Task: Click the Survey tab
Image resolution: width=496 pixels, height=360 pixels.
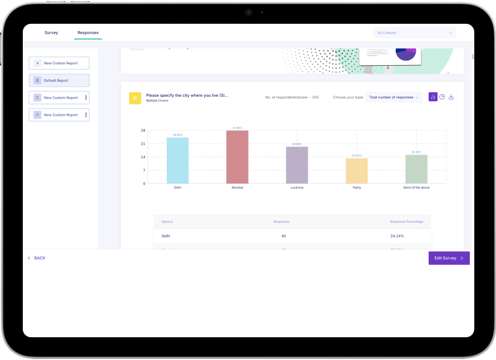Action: tap(51, 33)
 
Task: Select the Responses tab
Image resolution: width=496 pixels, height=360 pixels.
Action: tap(88, 33)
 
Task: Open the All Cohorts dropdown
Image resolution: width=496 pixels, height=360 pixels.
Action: tap(415, 33)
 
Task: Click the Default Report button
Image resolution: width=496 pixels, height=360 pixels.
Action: tap(59, 81)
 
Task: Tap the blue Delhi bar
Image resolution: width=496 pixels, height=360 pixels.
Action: tap(178, 160)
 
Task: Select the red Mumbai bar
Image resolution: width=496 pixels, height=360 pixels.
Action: tap(237, 157)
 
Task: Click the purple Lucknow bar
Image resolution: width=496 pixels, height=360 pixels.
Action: tap(297, 165)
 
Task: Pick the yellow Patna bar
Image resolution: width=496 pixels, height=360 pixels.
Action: tap(357, 171)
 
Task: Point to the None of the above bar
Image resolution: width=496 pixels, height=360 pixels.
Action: tap(416, 169)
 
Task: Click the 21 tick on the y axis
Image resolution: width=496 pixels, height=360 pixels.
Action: tap(143, 144)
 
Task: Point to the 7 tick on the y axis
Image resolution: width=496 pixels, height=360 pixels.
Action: tap(144, 170)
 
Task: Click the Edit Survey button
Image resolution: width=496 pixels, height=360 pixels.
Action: tap(449, 258)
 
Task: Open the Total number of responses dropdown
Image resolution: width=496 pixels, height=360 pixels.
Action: tap(394, 97)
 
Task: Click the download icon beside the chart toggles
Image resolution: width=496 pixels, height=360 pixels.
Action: tap(451, 97)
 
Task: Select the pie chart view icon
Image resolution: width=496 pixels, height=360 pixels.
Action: tap(442, 97)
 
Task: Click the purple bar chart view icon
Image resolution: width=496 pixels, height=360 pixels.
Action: tap(433, 97)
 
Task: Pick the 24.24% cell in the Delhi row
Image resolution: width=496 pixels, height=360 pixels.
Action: tap(397, 236)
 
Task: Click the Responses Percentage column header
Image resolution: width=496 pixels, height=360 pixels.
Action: tap(406, 221)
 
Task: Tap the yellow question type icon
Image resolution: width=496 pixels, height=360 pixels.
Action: tap(135, 98)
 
